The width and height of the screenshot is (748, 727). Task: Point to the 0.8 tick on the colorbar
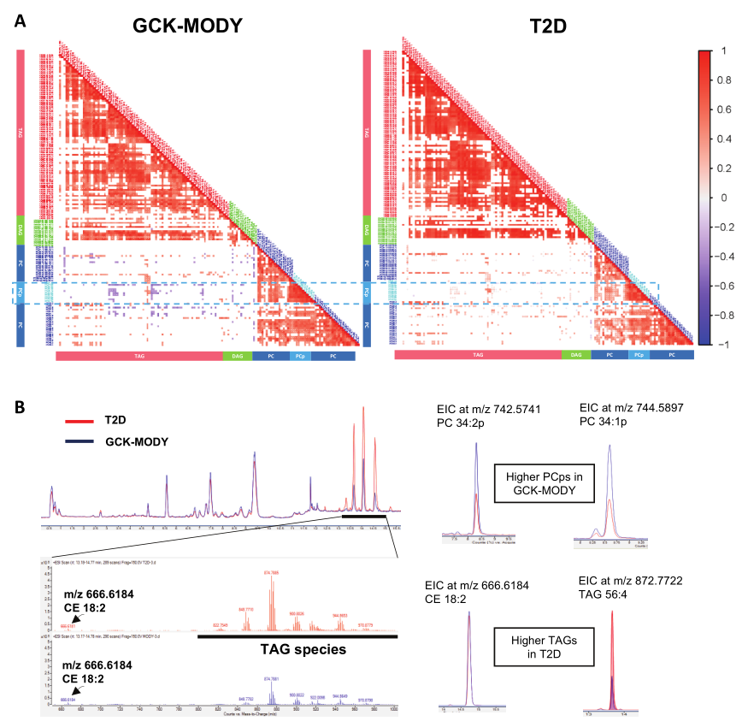coord(725,80)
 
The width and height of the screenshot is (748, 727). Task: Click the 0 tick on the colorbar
coord(723,197)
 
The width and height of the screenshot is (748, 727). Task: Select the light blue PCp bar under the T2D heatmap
coord(639,354)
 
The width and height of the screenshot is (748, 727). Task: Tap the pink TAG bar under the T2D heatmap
coord(478,354)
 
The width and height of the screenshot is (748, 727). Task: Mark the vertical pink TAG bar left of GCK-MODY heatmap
coord(20,133)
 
